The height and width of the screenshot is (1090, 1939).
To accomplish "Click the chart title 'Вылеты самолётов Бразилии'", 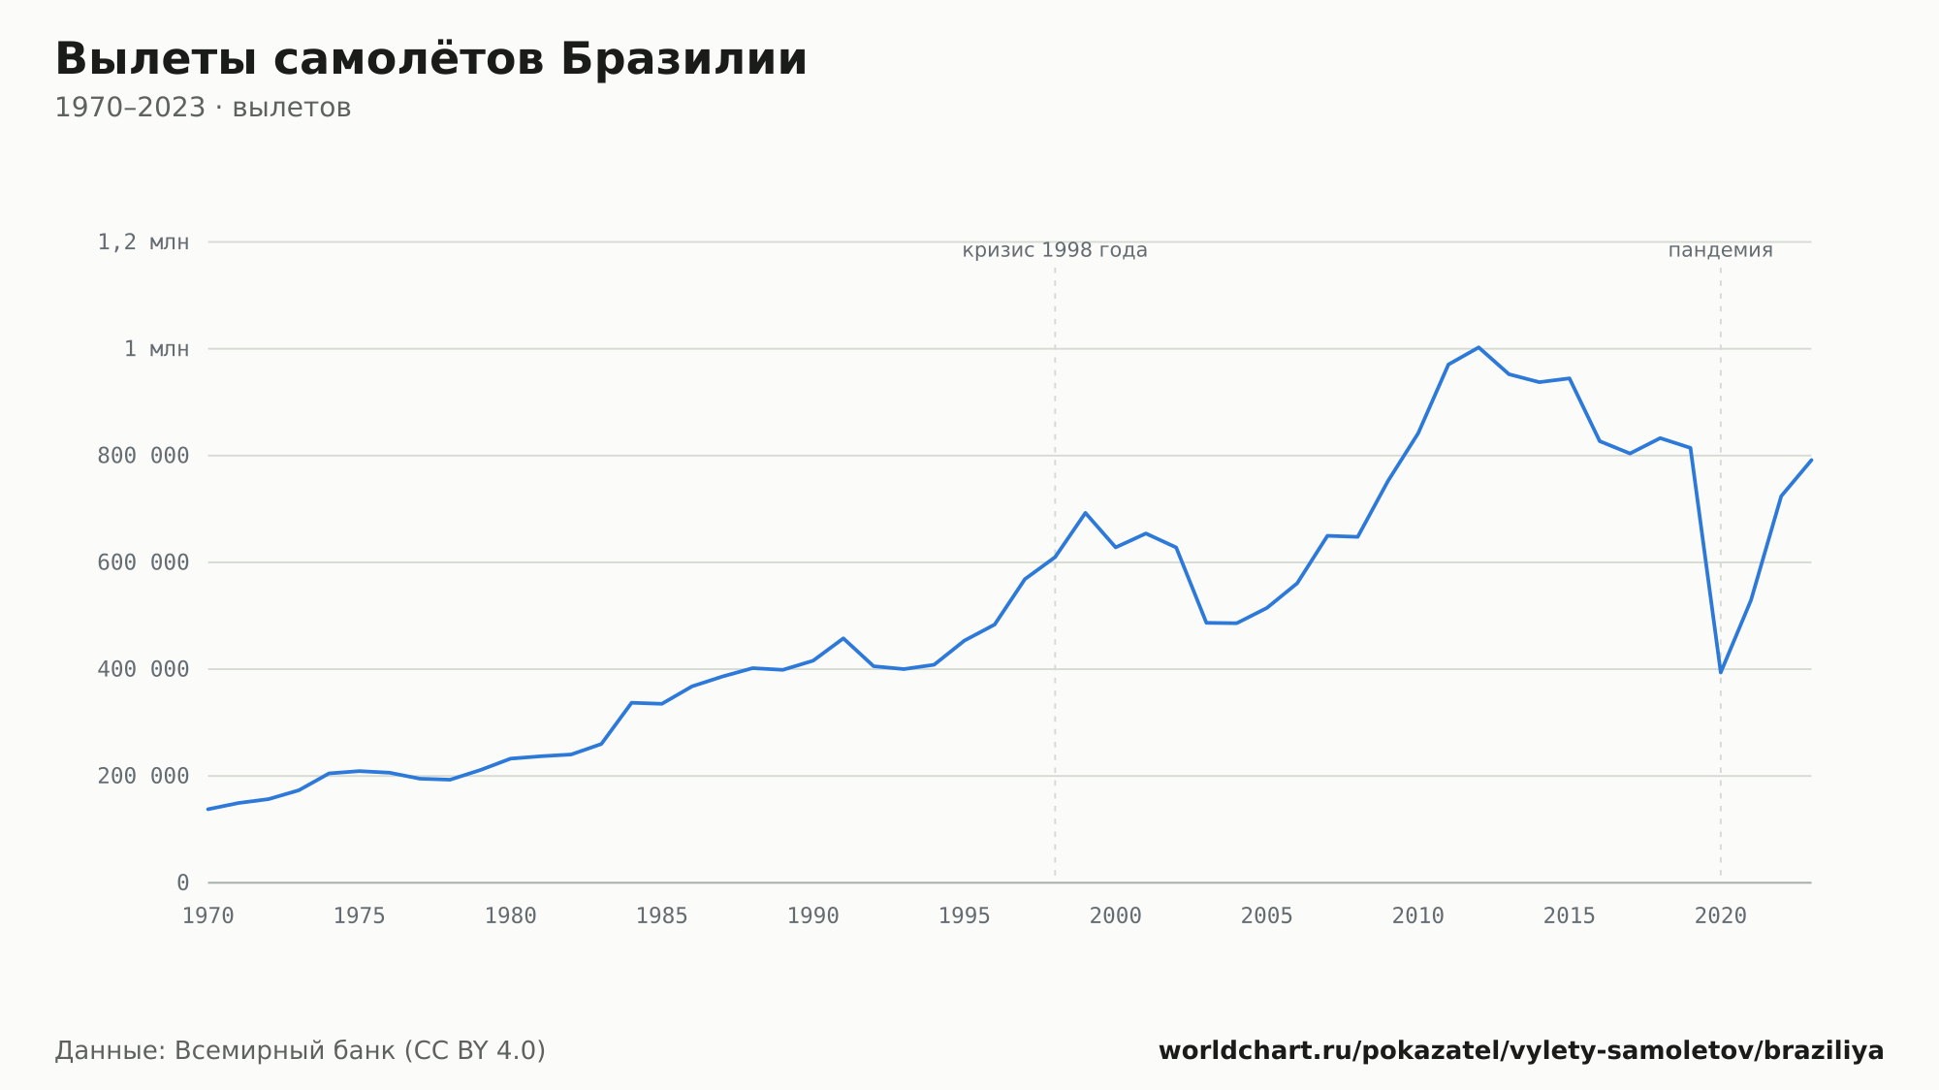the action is pyautogui.click(x=430, y=59).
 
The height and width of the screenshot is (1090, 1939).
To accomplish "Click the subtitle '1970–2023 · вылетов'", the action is pyautogui.click(x=203, y=108).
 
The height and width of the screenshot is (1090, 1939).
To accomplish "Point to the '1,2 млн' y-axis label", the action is pyautogui.click(x=143, y=242).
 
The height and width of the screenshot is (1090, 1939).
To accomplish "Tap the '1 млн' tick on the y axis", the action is pyautogui.click(x=156, y=349).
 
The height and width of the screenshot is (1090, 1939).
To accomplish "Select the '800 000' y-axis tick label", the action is pyautogui.click(x=143, y=456).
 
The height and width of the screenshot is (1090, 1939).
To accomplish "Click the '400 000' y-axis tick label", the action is pyautogui.click(x=143, y=669).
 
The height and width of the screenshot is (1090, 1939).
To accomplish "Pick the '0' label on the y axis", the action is pyautogui.click(x=183, y=883).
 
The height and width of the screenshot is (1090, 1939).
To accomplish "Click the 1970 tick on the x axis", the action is pyautogui.click(x=208, y=916).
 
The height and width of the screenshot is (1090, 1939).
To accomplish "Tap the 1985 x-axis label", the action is pyautogui.click(x=662, y=916).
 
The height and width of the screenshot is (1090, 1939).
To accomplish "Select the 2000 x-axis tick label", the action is pyautogui.click(x=1116, y=916).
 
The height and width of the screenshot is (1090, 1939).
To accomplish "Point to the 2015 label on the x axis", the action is pyautogui.click(x=1570, y=916).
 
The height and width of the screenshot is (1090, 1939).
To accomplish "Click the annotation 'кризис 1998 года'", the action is pyautogui.click(x=1055, y=251).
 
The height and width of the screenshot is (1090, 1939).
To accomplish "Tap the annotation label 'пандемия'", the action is pyautogui.click(x=1721, y=251).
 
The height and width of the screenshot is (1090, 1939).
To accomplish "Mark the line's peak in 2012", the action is pyautogui.click(x=1478, y=347).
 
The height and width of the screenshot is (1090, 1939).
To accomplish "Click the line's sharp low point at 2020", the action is pyautogui.click(x=1721, y=672).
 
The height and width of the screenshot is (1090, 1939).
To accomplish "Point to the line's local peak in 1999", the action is pyautogui.click(x=1085, y=513).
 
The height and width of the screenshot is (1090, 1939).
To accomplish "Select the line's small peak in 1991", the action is pyautogui.click(x=843, y=638).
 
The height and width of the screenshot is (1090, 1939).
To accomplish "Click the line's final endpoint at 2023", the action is pyautogui.click(x=1811, y=460).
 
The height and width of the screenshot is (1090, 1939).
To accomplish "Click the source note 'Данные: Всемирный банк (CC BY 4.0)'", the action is pyautogui.click(x=301, y=1051).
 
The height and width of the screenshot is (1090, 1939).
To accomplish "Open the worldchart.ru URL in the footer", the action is pyautogui.click(x=1521, y=1051).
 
